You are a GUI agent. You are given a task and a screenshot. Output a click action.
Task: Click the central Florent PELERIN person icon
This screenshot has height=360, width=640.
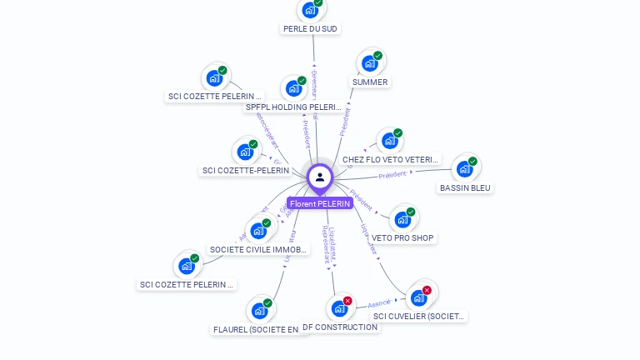coord(320,177)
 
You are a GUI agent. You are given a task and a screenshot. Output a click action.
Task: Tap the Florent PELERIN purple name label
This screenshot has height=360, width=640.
coord(320,203)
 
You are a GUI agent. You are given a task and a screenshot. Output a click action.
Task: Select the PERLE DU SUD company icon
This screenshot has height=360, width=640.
coord(311,10)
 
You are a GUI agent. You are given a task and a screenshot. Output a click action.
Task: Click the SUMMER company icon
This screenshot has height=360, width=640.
coord(370,63)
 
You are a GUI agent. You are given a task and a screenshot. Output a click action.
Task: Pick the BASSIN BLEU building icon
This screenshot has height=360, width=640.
coord(465,169)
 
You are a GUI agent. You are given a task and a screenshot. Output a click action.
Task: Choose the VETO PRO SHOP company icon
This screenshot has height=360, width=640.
coord(403,220)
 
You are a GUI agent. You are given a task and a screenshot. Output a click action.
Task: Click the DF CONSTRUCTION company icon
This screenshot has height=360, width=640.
coord(339,308)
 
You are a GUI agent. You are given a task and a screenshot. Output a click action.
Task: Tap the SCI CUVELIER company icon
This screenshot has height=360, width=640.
coord(419,297)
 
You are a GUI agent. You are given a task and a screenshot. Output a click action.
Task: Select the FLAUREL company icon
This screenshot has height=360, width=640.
coord(260,311)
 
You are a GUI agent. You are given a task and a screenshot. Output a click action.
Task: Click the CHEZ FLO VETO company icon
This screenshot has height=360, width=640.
coord(390,141)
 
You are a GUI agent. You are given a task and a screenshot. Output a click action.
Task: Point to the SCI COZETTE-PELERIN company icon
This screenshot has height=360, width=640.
coord(246,152)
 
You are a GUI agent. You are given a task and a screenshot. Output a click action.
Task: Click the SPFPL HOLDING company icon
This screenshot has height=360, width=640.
coord(294,88)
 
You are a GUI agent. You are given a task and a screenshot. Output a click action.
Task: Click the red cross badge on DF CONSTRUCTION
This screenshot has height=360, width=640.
coord(347,301)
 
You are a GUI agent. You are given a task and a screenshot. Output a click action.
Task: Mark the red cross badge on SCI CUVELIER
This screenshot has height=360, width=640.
coord(427,290)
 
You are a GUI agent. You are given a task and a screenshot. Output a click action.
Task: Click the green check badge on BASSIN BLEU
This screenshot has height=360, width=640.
coord(472,162)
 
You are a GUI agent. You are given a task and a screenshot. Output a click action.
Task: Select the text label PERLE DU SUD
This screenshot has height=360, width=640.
coord(311,28)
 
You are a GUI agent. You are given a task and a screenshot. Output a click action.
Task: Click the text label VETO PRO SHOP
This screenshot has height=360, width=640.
coord(403,238)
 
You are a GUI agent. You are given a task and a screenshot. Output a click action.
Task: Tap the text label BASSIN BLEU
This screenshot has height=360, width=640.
coord(465,187)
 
